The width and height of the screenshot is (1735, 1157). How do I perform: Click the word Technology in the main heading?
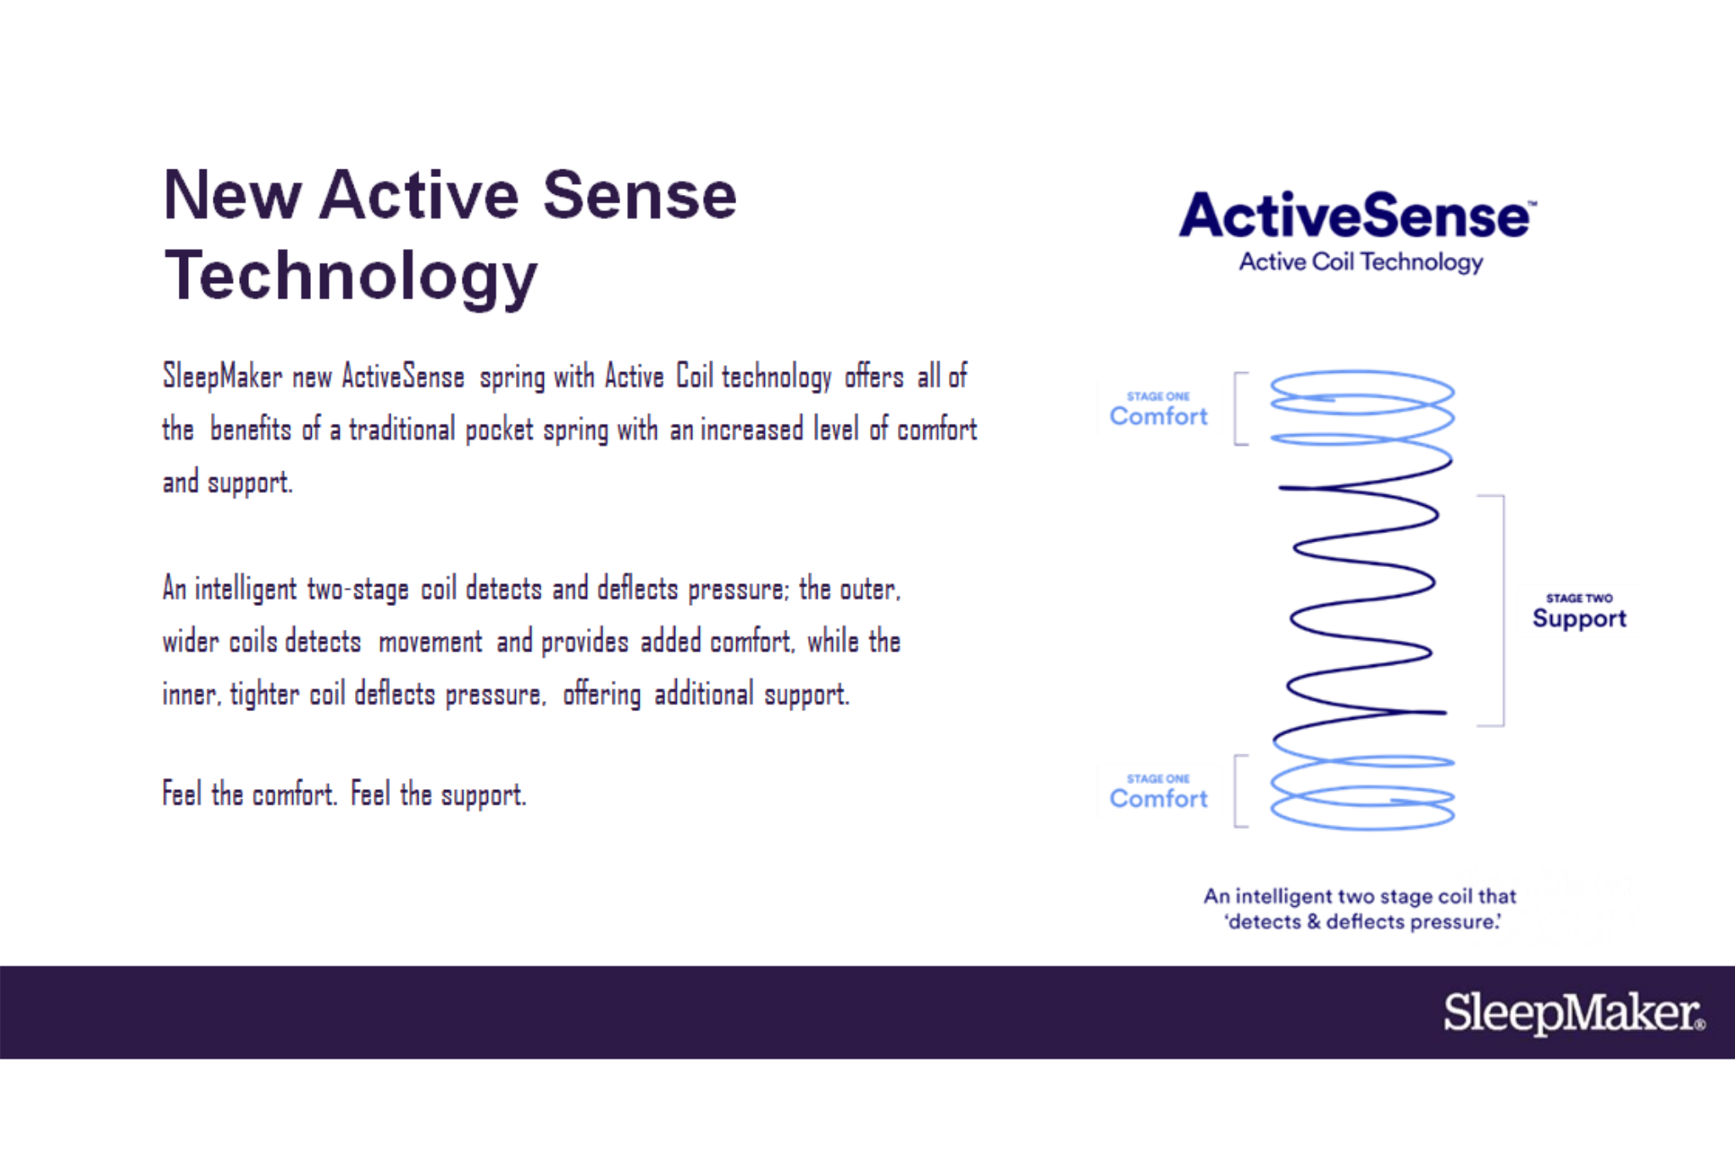pos(351,277)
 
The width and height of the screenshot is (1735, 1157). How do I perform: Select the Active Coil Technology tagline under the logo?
pos(1361,262)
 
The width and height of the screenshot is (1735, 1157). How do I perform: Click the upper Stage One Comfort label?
pos(1158,409)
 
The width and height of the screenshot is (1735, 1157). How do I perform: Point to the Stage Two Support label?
pos(1579,612)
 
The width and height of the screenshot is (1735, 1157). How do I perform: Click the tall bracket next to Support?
pos(1503,610)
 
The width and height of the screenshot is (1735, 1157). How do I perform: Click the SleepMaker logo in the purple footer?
pos(1574,1012)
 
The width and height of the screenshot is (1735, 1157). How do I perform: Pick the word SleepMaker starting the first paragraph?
pos(222,376)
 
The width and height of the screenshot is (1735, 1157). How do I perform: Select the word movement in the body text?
pos(430,642)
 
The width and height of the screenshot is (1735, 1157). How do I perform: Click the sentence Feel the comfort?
pos(250,794)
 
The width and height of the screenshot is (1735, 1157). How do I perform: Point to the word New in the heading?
pos(232,196)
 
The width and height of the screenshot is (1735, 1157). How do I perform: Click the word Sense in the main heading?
pos(640,196)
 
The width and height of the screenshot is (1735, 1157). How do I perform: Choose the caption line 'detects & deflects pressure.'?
pos(1363,921)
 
